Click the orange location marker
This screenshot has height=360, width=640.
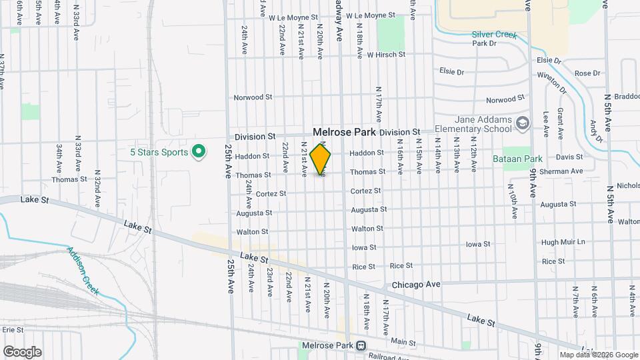[321, 159]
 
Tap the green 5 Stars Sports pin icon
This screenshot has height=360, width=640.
[198, 152]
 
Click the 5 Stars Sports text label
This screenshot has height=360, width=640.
[159, 152]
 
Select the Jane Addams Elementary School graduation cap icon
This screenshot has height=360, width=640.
[523, 123]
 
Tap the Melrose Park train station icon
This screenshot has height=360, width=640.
[361, 345]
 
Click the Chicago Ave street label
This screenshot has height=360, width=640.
[416, 285]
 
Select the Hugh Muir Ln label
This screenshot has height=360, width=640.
[563, 242]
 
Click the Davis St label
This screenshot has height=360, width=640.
[569, 157]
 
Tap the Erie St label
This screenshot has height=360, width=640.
[13, 329]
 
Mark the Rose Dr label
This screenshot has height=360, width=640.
[587, 73]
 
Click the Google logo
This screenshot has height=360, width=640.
[22, 351]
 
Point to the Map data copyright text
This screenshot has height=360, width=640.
[598, 355]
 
